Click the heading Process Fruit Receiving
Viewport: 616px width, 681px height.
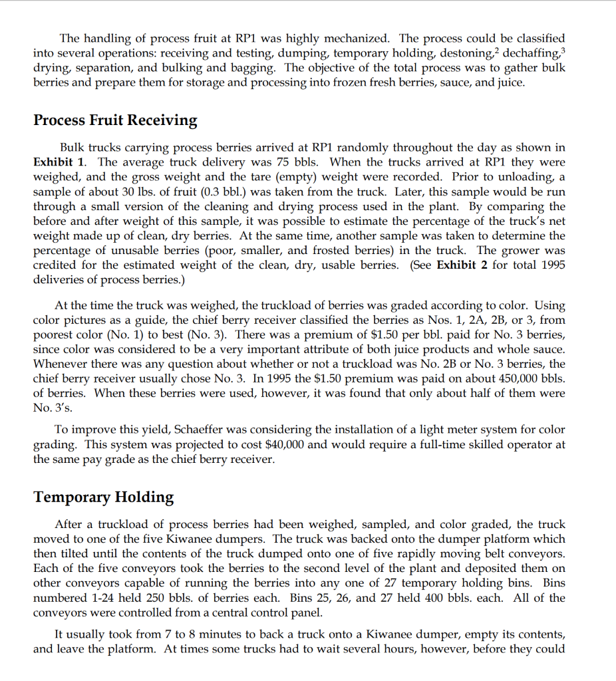click(x=115, y=120)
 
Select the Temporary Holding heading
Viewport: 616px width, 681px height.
click(x=103, y=497)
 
